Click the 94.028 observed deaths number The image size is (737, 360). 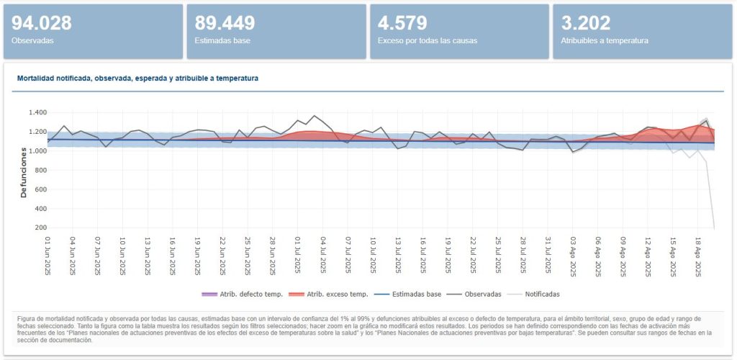pyautogui.click(x=42, y=23)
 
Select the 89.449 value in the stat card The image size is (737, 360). pyautogui.click(x=225, y=23)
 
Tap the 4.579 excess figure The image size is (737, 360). pyautogui.click(x=402, y=23)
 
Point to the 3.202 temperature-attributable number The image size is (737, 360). pyautogui.click(x=586, y=23)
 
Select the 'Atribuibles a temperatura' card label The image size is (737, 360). pyautogui.click(x=604, y=41)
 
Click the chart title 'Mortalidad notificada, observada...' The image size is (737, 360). pyautogui.click(x=135, y=78)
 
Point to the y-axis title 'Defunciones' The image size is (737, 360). pyautogui.click(x=24, y=170)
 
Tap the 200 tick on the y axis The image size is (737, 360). pyautogui.click(x=40, y=228)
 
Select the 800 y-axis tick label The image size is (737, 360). pyautogui.click(x=40, y=171)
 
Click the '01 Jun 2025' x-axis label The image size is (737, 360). pyautogui.click(x=48, y=256)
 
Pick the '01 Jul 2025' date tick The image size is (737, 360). pyautogui.click(x=298, y=256)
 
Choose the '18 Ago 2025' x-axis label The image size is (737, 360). pyautogui.click(x=698, y=256)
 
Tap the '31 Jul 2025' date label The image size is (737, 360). pyautogui.click(x=548, y=256)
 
